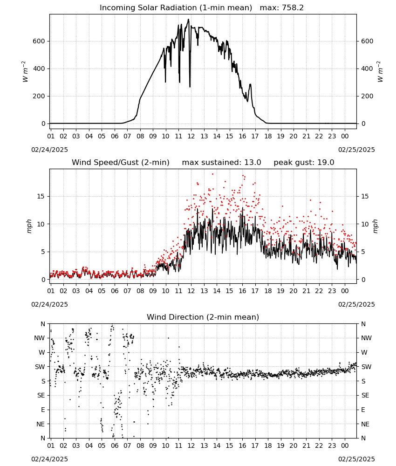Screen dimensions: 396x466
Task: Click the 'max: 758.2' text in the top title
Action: pyautogui.click(x=282, y=8)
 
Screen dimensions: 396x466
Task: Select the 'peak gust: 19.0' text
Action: pyautogui.click(x=304, y=163)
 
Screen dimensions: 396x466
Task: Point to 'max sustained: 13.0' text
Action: pyautogui.click(x=221, y=163)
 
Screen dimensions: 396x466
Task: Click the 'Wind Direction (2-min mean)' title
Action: pyautogui.click(x=203, y=317)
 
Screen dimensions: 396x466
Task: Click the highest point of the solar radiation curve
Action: pyautogui.click(x=188, y=20)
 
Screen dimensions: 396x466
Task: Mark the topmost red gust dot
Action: pyautogui.click(x=212, y=174)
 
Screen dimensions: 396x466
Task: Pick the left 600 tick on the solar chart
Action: pyautogui.click(x=39, y=41)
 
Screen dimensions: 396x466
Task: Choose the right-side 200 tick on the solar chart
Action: pyautogui.click(x=367, y=96)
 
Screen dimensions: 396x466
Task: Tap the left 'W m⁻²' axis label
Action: pyautogui.click(x=25, y=72)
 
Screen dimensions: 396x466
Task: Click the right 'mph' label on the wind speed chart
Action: pyautogui.click(x=375, y=226)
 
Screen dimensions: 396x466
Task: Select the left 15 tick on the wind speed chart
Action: pyautogui.click(x=41, y=196)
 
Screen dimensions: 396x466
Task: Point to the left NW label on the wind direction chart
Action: pyautogui.click(x=40, y=338)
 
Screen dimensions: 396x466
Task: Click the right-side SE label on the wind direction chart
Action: pyautogui.click(x=365, y=395)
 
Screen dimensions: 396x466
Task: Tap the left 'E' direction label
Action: pyautogui.click(x=43, y=410)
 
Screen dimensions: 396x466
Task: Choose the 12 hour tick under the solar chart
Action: pyautogui.click(x=191, y=136)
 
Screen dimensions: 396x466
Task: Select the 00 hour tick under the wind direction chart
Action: pyautogui.click(x=345, y=445)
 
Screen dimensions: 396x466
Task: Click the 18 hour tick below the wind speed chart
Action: pyautogui.click(x=268, y=291)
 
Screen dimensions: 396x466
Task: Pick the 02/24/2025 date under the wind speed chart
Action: pyautogui.click(x=49, y=304)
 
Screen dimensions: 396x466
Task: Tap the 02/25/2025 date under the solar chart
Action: pyautogui.click(x=356, y=150)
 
